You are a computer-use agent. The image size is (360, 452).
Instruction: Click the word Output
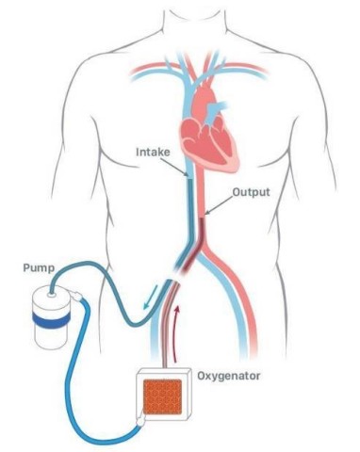coord(252,191)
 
